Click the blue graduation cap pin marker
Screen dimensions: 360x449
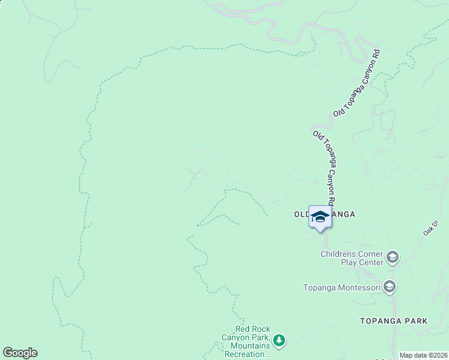(320, 217)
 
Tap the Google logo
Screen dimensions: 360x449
(20, 353)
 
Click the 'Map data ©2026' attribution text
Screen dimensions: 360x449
(423, 355)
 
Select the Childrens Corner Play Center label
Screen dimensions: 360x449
(351, 258)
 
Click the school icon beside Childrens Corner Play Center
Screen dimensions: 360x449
(393, 258)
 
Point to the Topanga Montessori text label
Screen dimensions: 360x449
(341, 287)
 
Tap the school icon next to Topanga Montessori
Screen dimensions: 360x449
(390, 287)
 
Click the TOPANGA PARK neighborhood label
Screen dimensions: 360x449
(394, 321)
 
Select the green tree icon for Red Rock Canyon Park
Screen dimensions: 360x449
(279, 341)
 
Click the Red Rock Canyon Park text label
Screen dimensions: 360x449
(252, 341)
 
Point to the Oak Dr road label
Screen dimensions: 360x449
(431, 227)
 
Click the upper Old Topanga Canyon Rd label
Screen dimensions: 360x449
(358, 83)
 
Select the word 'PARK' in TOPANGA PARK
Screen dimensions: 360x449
(415, 321)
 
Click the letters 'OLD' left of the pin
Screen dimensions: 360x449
(301, 214)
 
